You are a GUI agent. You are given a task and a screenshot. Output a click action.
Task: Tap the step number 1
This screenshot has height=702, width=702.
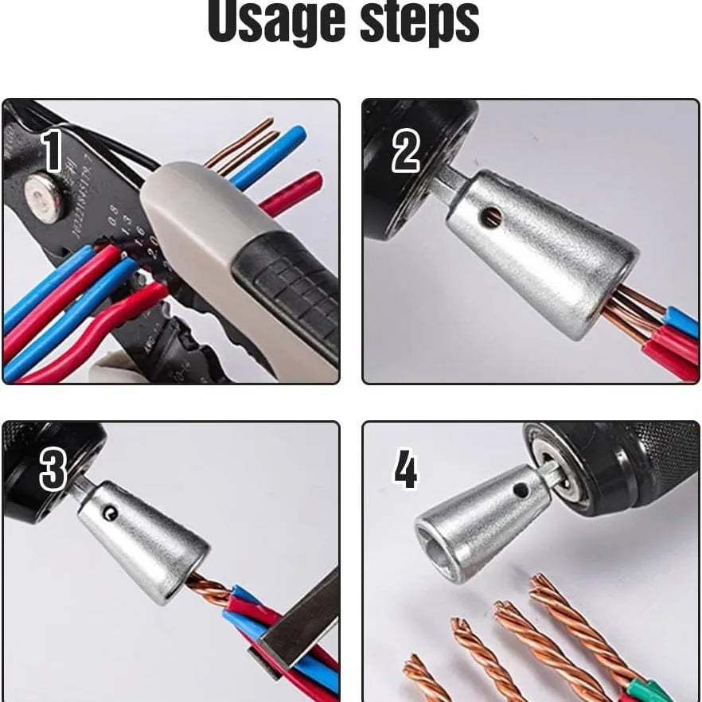(53, 150)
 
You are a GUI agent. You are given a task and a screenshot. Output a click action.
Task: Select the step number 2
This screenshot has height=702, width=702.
(405, 151)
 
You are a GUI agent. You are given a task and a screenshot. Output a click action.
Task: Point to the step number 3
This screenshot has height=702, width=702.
(53, 470)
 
